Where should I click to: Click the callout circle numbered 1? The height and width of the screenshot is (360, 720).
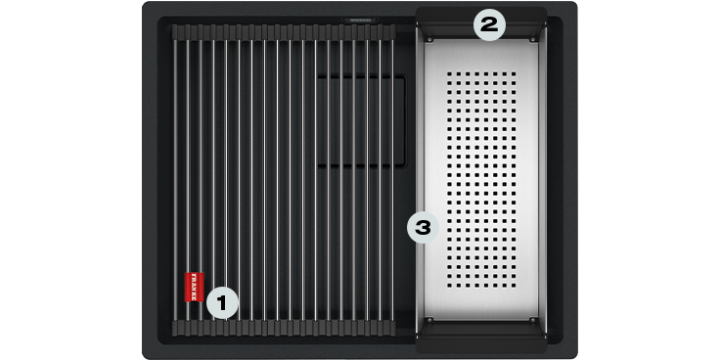click(222, 303)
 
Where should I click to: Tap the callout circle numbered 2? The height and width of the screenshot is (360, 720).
click(488, 24)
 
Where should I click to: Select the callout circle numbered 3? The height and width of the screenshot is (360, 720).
click(423, 227)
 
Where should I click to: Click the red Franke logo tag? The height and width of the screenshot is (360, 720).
click(194, 287)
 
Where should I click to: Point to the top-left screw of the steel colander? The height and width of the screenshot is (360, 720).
click(429, 40)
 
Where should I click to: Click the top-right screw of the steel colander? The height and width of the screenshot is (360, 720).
click(532, 40)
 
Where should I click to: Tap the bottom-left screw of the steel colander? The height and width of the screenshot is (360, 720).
click(429, 319)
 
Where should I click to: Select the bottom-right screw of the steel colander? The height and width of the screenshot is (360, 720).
click(532, 319)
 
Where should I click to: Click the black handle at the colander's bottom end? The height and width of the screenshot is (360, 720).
click(481, 337)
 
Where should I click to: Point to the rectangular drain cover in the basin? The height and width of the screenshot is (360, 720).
click(361, 120)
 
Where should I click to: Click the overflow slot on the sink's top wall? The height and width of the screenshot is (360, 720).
click(360, 20)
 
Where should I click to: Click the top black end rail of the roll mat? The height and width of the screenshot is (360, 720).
click(284, 31)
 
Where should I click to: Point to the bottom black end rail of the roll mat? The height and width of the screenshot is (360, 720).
click(284, 328)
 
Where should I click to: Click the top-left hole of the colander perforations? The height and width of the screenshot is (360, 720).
click(449, 73)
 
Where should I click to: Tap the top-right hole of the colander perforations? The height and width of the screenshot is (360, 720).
click(513, 73)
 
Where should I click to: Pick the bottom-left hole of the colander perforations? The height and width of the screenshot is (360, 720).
click(449, 286)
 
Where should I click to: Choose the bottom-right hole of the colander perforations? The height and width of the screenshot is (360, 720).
click(513, 286)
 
